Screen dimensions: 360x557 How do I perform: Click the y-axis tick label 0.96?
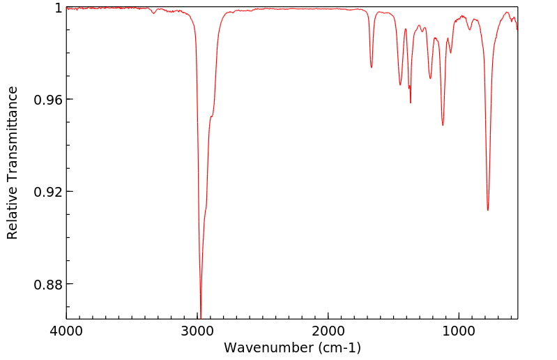[47, 100]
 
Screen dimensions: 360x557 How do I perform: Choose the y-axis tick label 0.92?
[47, 192]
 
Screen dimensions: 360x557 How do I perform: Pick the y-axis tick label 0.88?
[47, 285]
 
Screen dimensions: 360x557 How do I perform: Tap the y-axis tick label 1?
[58, 8]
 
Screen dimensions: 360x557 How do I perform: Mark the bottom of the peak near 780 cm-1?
[488, 210]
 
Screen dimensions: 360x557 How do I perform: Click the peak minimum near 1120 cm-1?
[443, 126]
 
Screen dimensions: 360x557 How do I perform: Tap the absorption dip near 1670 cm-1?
[372, 68]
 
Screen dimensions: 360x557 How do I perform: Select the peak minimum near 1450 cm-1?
[400, 85]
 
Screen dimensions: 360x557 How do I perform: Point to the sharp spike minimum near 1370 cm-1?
[411, 103]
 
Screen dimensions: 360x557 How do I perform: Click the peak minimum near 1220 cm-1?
[430, 78]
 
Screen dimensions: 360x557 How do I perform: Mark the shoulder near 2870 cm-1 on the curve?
[211, 116]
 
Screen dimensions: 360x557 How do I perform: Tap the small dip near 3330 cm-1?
[154, 13]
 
